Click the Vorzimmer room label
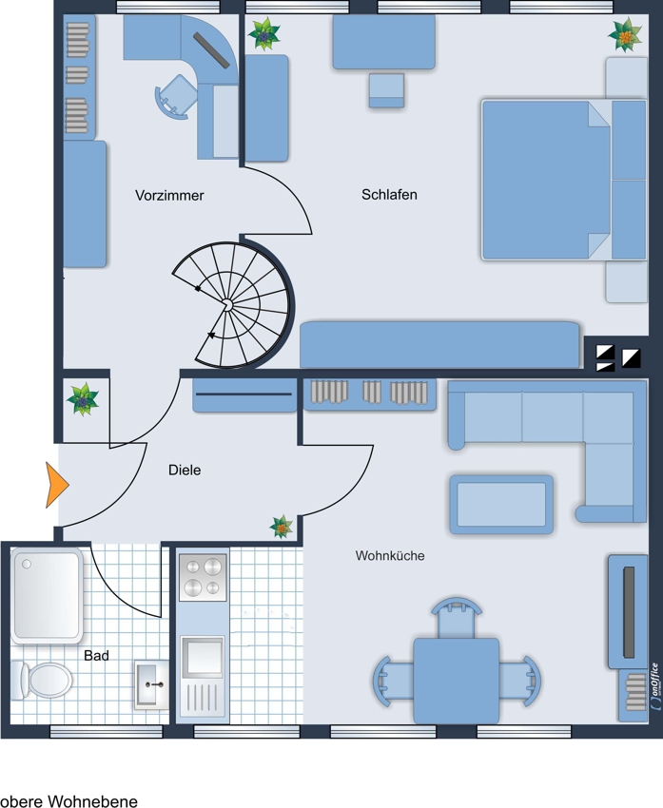pyautogui.click(x=169, y=195)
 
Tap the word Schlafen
pyautogui.click(x=389, y=194)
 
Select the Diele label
pyautogui.click(x=185, y=470)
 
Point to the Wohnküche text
pyautogui.click(x=390, y=555)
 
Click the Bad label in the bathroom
pyautogui.click(x=96, y=656)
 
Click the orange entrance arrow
pyautogui.click(x=56, y=485)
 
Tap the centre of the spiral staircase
pyautogui.click(x=228, y=305)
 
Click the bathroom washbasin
pyautogui.click(x=151, y=684)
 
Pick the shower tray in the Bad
pyautogui.click(x=47, y=595)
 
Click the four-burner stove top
pyautogui.click(x=203, y=577)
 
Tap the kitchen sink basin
pyautogui.click(x=203, y=657)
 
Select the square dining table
pyautogui.click(x=457, y=681)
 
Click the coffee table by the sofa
pyautogui.click(x=501, y=505)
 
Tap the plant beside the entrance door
pyautogui.click(x=83, y=399)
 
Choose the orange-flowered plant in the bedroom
pyautogui.click(x=625, y=35)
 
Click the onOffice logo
pyautogui.click(x=654, y=686)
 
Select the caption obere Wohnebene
pyautogui.click(x=69, y=801)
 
